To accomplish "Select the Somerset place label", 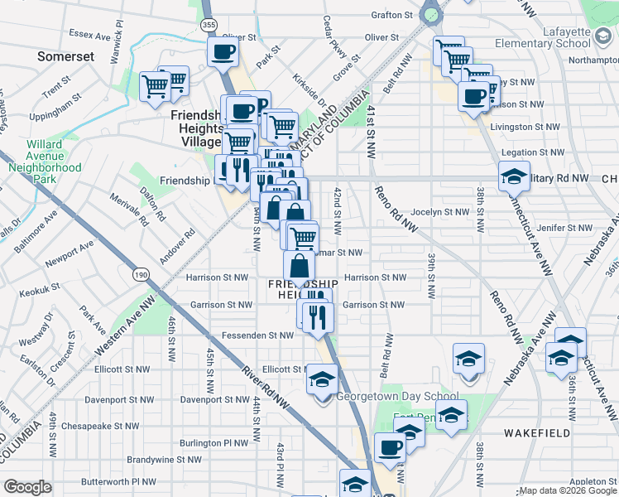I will pos(65,56).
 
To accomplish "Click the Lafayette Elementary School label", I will pos(554,37).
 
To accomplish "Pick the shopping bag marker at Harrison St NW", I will pos(299,268).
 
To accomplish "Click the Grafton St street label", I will pos(391,15).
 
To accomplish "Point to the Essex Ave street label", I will pos(90,35).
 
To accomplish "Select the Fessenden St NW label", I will pos(257,335).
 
